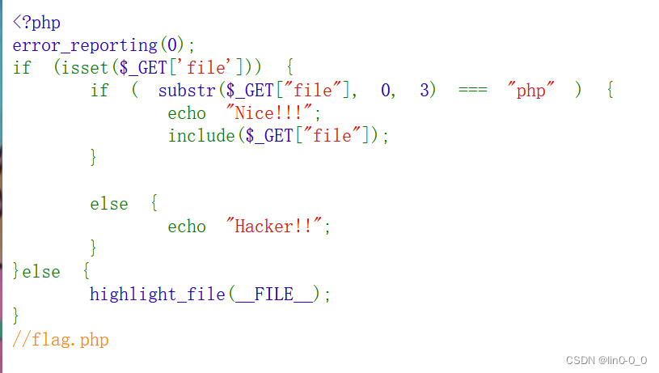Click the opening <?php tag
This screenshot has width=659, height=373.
pos(36,23)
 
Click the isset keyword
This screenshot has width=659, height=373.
pos(85,68)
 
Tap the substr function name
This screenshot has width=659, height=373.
pos(187,91)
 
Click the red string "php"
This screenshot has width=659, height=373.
pos(530,91)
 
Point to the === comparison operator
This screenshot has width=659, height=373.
pos(472,91)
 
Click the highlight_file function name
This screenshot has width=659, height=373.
pos(157,295)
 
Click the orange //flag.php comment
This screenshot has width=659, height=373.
pos(61,340)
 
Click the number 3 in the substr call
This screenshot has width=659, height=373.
pos(425,91)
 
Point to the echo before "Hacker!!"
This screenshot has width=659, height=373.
pos(187,227)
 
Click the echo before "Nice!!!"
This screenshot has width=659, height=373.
pos(187,113)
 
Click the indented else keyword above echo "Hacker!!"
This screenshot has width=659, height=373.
pos(108,204)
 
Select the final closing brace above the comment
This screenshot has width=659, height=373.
pos(16,316)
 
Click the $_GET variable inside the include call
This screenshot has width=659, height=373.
pos(268,136)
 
